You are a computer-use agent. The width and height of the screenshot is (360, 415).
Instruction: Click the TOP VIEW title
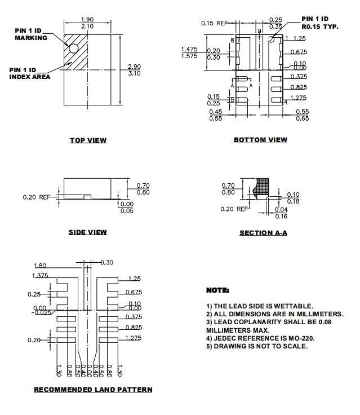pyautogui.click(x=88, y=140)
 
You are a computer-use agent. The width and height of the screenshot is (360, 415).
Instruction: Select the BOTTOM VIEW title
pyautogui.click(x=260, y=140)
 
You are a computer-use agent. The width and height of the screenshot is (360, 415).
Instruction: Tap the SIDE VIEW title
pyautogui.click(x=88, y=232)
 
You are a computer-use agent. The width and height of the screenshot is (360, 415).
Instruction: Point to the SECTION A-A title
pyautogui.click(x=263, y=233)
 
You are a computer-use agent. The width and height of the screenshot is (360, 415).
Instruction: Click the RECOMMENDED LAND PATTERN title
pyautogui.click(x=93, y=390)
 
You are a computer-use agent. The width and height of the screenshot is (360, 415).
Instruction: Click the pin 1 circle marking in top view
pyautogui.click(x=73, y=48)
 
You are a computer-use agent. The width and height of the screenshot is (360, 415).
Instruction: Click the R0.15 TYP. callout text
pyautogui.click(x=320, y=27)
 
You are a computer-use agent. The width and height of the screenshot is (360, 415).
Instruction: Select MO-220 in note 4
pyautogui.click(x=300, y=338)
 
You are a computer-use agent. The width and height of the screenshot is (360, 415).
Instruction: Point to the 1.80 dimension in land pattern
pyautogui.click(x=41, y=266)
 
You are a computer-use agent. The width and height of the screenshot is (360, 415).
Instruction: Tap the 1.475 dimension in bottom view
pyautogui.click(x=189, y=49)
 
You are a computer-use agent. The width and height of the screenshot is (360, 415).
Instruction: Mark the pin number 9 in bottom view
pyautogui.click(x=259, y=32)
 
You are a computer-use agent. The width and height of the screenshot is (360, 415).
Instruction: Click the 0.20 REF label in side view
pyautogui.click(x=37, y=197)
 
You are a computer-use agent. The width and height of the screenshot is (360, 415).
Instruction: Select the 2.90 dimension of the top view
pyautogui.click(x=134, y=67)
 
